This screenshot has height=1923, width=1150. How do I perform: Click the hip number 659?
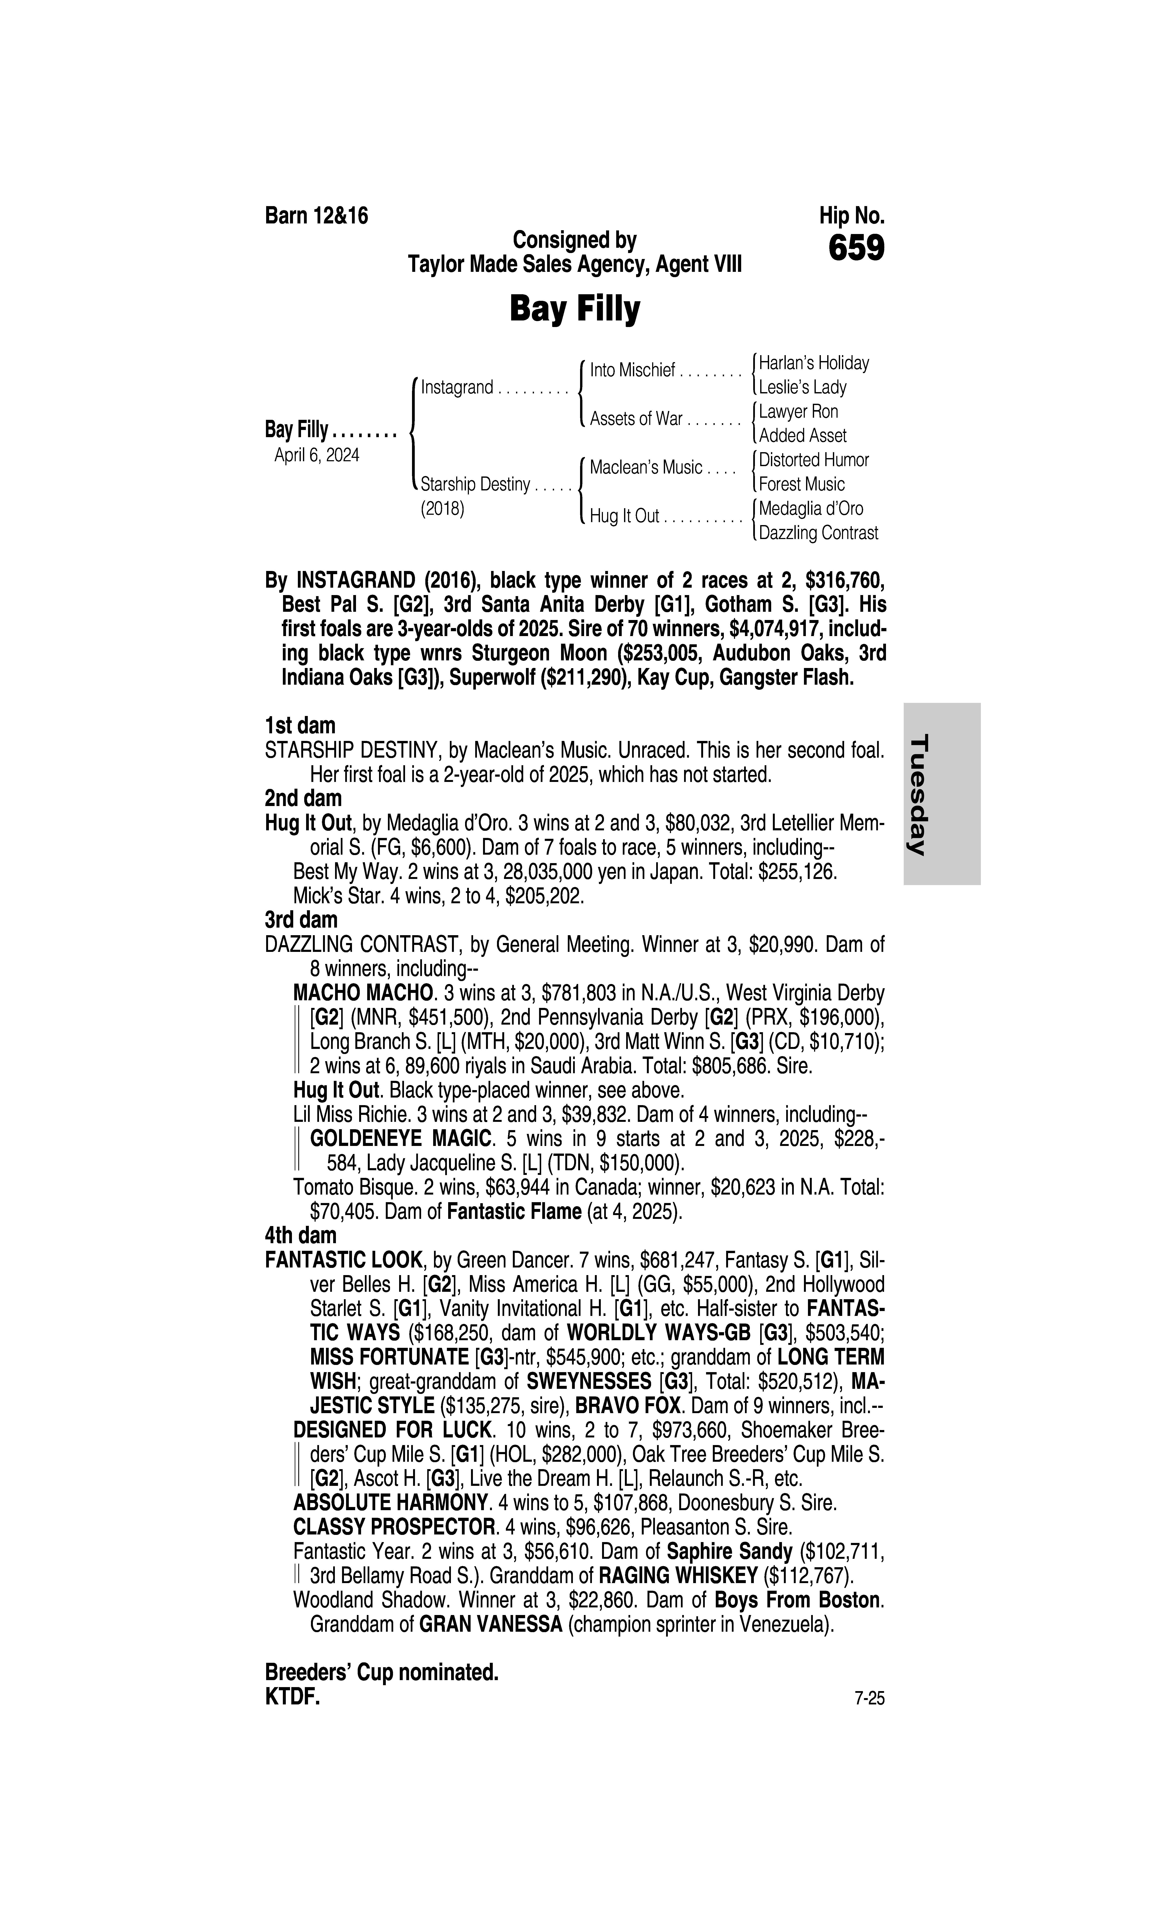(x=856, y=249)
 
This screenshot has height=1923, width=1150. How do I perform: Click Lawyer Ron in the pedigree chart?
(x=798, y=411)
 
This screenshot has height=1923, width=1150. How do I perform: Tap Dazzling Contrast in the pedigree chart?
(x=818, y=533)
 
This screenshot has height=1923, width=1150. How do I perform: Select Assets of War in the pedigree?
(x=635, y=419)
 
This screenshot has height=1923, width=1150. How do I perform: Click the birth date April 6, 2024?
(x=317, y=455)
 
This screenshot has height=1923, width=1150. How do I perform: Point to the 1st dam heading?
(x=300, y=726)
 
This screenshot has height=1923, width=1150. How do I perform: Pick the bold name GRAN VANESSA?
(x=490, y=1625)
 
